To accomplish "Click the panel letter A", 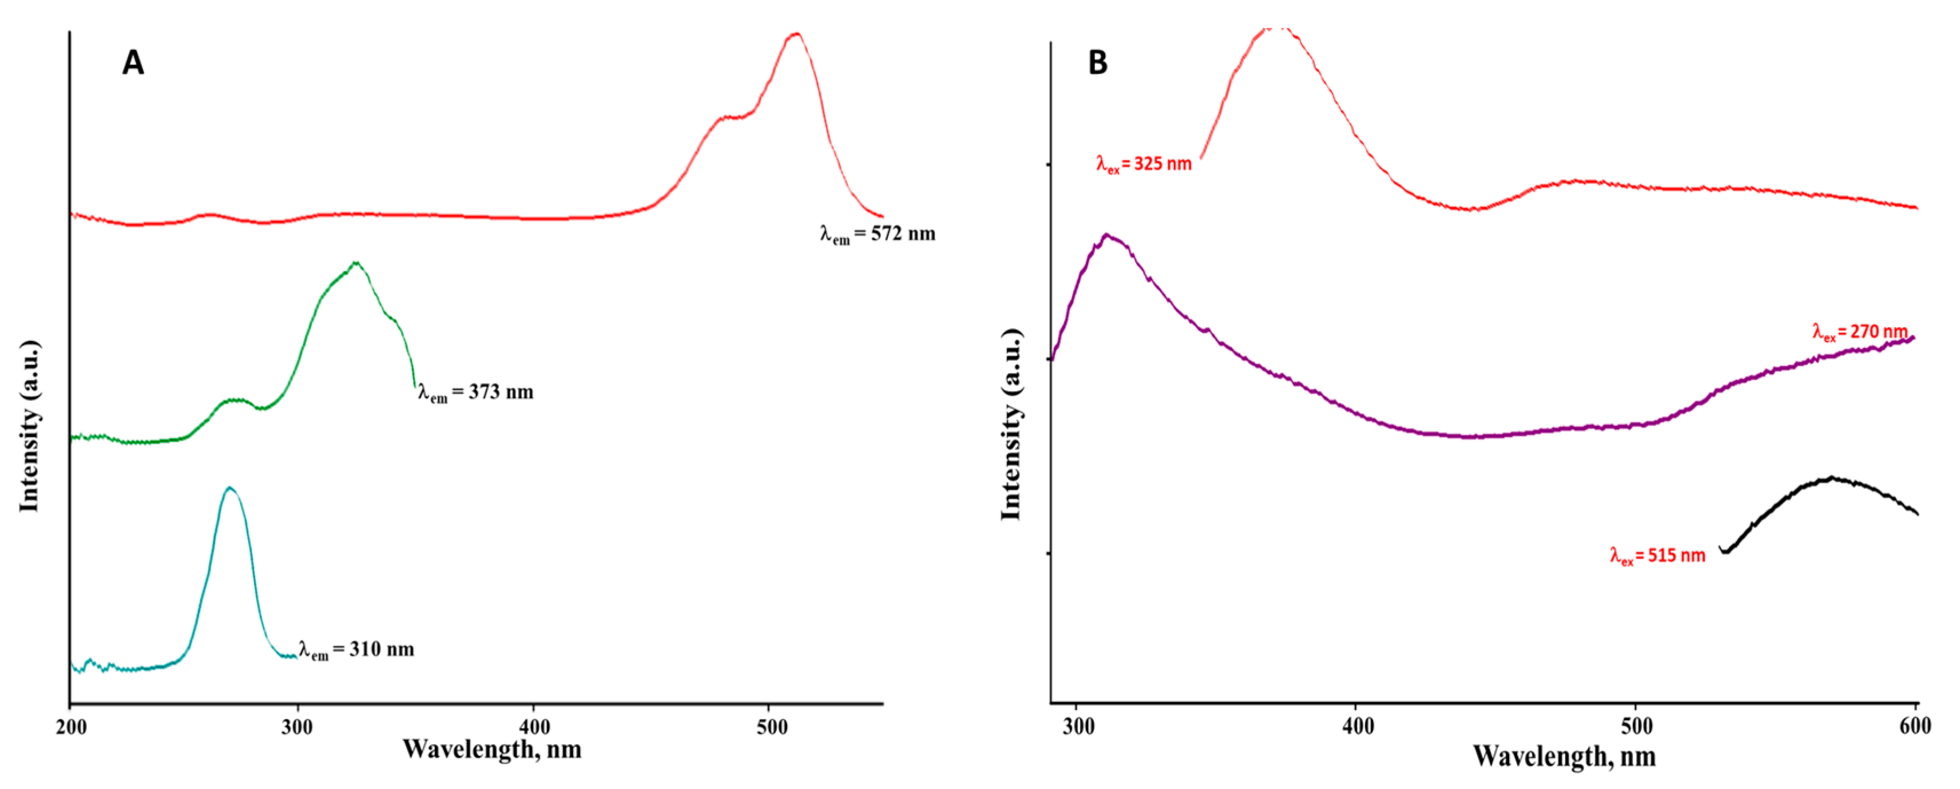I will click(133, 62).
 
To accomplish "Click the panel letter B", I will click(1097, 62).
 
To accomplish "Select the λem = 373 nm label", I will click(475, 392).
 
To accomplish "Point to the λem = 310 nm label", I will click(356, 650).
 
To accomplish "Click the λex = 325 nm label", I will click(1144, 164).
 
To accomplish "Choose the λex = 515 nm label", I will click(1658, 556).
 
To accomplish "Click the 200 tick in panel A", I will click(71, 727).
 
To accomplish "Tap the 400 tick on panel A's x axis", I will click(533, 727).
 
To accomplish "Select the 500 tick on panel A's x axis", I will click(772, 727).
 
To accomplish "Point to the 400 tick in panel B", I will click(1358, 726).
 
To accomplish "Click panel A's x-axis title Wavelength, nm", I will click(491, 750).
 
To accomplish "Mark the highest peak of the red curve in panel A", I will click(796, 34).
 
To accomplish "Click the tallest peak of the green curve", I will click(355, 263).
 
